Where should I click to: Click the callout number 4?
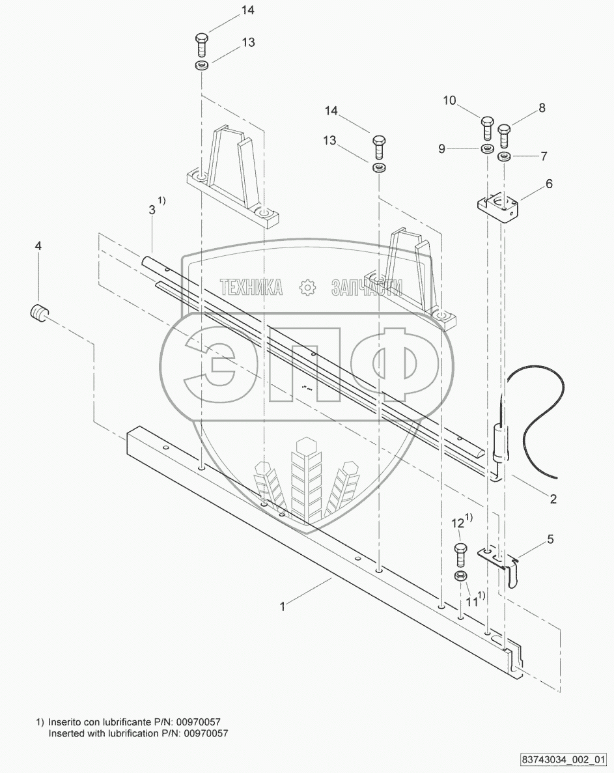click(38, 246)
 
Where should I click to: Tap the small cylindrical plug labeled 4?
click(38, 313)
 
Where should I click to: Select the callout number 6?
click(548, 184)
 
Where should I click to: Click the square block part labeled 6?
click(499, 208)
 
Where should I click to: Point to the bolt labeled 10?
click(487, 128)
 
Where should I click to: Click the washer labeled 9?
click(487, 149)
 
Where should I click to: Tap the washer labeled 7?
click(503, 157)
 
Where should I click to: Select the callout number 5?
click(550, 539)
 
